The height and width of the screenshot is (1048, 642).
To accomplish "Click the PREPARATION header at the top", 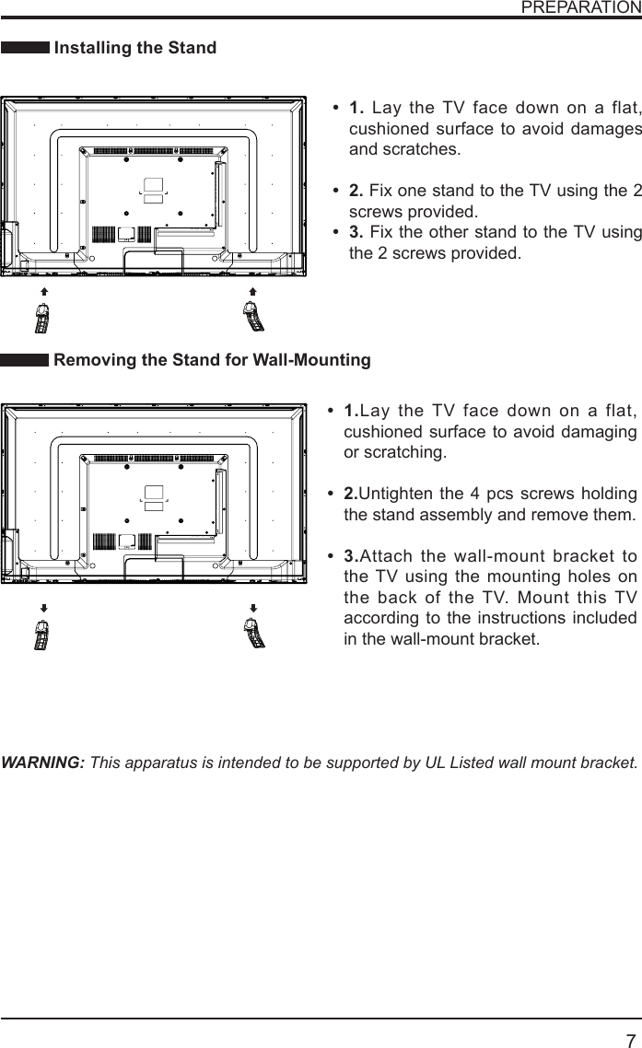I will (580, 7).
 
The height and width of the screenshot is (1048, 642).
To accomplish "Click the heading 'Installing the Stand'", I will (135, 48).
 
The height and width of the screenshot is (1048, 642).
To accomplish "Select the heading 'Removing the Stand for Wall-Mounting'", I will (212, 360).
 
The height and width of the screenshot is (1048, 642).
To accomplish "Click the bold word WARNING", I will (44, 763).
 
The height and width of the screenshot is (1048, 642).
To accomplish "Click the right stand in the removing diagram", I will (253, 635).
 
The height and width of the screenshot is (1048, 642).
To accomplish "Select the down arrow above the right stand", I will (252, 609).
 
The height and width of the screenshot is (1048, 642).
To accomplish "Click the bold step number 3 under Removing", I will (350, 556).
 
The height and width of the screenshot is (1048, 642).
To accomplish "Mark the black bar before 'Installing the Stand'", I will (25, 48).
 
